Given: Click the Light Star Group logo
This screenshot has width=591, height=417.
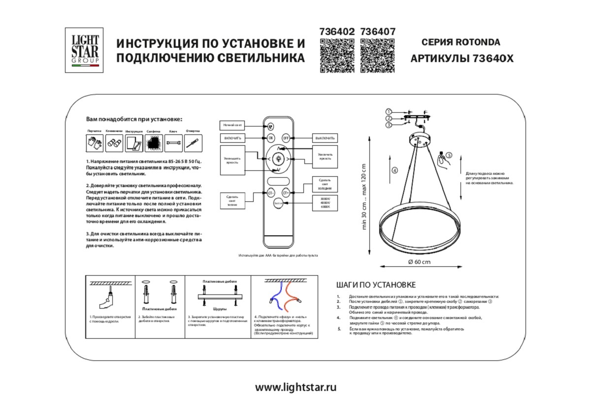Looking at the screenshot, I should point(84,50).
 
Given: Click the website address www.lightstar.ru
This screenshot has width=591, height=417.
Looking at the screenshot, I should point(295,387).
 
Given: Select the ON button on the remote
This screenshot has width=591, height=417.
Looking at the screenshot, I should point(270,138).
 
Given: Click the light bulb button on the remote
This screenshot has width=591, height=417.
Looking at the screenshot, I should point(278,159).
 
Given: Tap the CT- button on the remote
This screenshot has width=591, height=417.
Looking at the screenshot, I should point(270,193).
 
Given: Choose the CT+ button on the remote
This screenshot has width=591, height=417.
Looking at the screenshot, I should point(286,193).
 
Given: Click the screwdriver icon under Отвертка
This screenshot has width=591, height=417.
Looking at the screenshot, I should point(193,143).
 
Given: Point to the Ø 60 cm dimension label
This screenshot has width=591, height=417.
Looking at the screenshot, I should point(419,262).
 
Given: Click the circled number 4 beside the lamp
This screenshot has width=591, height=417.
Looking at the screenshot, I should point(394,171).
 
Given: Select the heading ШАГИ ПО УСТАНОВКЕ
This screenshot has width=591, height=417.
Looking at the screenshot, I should point(376,285).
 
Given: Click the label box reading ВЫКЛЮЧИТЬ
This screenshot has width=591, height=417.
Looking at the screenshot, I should point(325,138).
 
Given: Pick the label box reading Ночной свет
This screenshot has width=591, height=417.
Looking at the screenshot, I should point(232,126).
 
